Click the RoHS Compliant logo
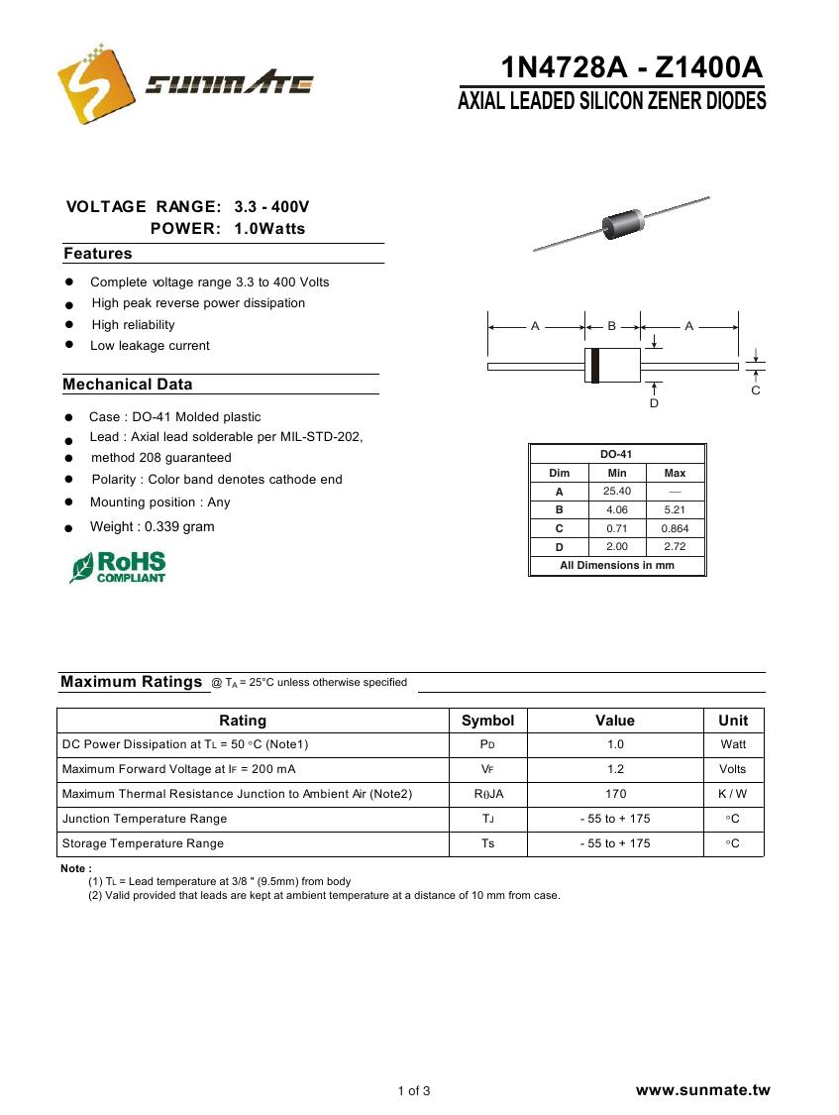(x=118, y=567)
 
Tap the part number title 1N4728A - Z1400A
(x=632, y=68)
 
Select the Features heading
(x=98, y=254)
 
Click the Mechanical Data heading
(x=128, y=385)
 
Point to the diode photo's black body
(x=621, y=224)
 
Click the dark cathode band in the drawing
(x=594, y=366)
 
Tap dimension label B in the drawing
(x=612, y=325)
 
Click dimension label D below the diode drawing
(x=654, y=403)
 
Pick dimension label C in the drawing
(x=756, y=390)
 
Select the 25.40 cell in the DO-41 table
(x=617, y=492)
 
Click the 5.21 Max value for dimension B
(x=675, y=510)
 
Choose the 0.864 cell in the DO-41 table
(x=675, y=528)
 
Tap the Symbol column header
(x=487, y=721)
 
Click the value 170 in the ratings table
(x=615, y=794)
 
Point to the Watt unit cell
(x=733, y=744)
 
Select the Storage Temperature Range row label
(x=143, y=843)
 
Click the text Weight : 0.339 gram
(x=152, y=526)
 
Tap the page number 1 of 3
(x=414, y=1091)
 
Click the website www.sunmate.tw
(x=702, y=1090)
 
